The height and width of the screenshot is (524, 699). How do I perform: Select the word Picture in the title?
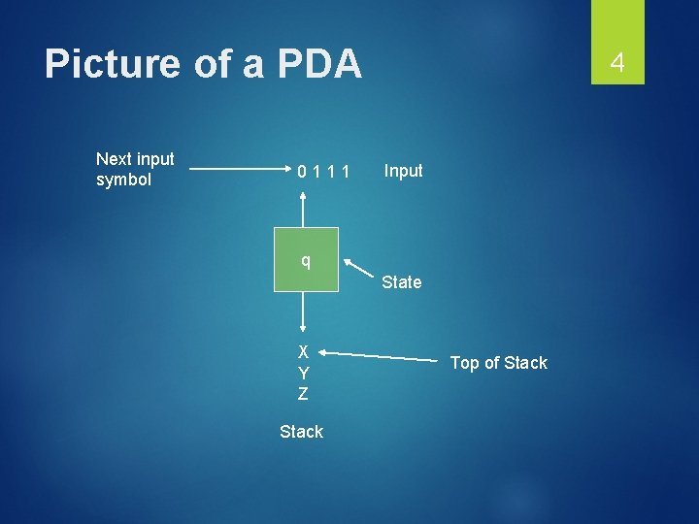coord(113,64)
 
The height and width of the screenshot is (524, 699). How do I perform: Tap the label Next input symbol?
coord(135,169)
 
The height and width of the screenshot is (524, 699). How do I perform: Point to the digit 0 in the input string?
coord(303,173)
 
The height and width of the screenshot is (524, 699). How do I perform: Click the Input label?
coord(403,171)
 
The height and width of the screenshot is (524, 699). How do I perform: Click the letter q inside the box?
coord(306,260)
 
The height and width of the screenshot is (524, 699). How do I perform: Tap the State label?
coord(401,282)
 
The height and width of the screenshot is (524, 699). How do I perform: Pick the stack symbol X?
coord(304,351)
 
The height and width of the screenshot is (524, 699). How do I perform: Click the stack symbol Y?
coord(304,373)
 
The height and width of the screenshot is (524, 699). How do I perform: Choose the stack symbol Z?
coord(304,394)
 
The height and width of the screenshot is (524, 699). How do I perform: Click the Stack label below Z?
coord(301,432)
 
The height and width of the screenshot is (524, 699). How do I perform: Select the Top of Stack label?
coord(499,363)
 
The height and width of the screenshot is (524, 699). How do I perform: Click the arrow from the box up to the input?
coord(305,209)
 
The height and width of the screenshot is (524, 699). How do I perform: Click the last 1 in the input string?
coord(345,173)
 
